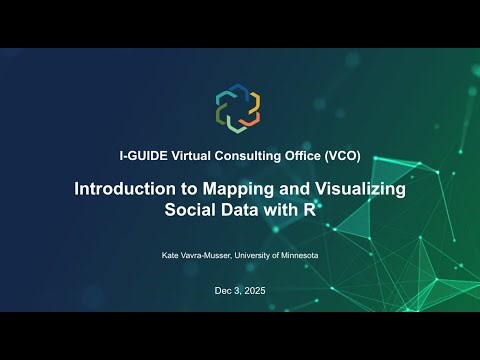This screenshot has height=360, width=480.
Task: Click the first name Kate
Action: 170,256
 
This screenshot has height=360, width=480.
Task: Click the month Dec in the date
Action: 222,291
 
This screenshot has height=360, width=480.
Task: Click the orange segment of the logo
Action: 252,101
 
